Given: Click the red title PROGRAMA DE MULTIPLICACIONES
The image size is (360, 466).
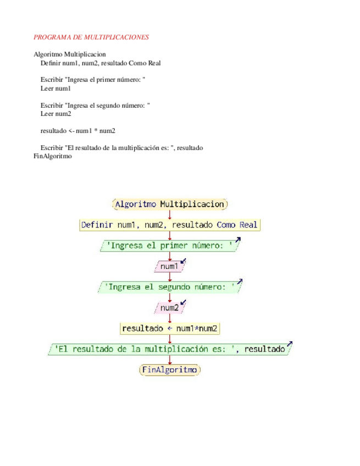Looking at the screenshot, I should coord(91,37).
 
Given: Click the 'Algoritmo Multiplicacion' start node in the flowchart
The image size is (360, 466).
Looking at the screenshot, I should coord(170,204).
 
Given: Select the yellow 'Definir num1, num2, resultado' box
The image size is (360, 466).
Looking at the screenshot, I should coord(169,225).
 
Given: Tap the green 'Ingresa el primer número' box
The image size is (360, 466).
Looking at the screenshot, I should coord(169,246).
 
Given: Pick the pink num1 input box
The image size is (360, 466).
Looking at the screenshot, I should coord(169,267).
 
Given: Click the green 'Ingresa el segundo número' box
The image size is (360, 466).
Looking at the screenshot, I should coord(169,287).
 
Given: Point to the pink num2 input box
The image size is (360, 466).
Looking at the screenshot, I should coord(169,308).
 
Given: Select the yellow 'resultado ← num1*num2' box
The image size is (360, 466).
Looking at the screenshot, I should coord(169,329).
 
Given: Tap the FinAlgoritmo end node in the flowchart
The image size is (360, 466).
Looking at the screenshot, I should coord(170,370).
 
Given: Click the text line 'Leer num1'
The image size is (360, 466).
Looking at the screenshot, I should coord(56,88).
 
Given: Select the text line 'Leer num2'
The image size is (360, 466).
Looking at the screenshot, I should coord(56,114).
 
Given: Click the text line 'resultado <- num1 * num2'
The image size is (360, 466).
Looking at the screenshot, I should coord(77,131).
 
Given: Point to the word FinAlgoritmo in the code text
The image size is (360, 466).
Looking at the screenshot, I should coord(53,156).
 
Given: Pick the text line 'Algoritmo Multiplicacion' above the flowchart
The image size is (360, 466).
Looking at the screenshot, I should coord(70,54).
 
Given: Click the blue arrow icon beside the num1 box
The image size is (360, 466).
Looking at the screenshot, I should coord(184,262).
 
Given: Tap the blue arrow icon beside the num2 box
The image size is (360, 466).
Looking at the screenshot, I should coord(184,303).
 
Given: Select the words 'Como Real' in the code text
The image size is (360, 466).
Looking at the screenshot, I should coord(144,63).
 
